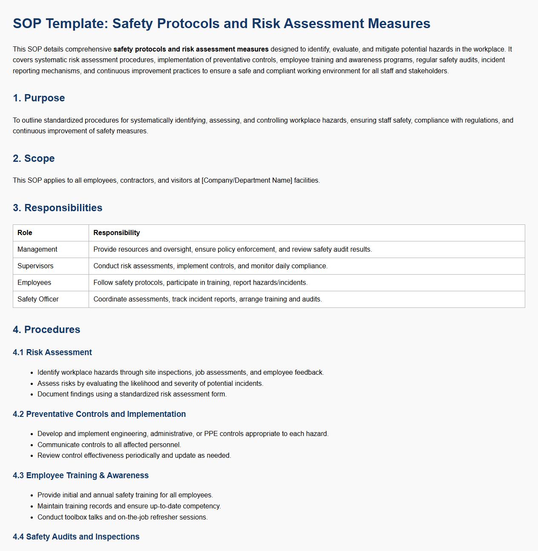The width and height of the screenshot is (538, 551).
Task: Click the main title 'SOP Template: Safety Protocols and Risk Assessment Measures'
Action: point(222,23)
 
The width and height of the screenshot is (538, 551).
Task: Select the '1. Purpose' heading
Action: point(39,98)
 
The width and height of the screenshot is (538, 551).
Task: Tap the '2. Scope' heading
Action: point(34,158)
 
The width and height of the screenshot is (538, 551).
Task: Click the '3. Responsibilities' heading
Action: point(58,208)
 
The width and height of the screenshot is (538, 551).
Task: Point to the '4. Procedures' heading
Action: point(46,330)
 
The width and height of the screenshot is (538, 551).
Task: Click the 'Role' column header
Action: point(25,232)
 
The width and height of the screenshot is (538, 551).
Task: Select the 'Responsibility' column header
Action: point(116,232)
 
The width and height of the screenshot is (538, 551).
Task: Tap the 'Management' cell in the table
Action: point(37,249)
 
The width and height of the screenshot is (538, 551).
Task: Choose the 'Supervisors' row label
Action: point(35,266)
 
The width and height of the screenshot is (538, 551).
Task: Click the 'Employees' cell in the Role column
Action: point(34,282)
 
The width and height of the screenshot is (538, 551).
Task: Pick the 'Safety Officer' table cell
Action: point(38,299)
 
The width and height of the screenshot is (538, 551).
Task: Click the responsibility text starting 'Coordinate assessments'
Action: point(207,299)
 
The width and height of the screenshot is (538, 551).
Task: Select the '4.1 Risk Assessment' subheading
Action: point(52,352)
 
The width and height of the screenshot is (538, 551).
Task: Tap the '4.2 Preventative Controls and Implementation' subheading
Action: point(99,414)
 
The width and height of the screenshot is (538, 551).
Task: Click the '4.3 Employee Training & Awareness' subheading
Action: point(81,475)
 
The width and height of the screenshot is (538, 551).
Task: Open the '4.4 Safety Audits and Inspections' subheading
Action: point(76,537)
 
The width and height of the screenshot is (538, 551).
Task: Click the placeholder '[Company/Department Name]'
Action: point(247,180)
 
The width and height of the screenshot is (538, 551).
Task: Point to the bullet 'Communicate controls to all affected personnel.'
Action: point(109,445)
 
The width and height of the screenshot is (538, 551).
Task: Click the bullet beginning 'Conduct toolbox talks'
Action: point(122,517)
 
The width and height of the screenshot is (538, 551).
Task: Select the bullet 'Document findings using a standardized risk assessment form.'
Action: point(132,394)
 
